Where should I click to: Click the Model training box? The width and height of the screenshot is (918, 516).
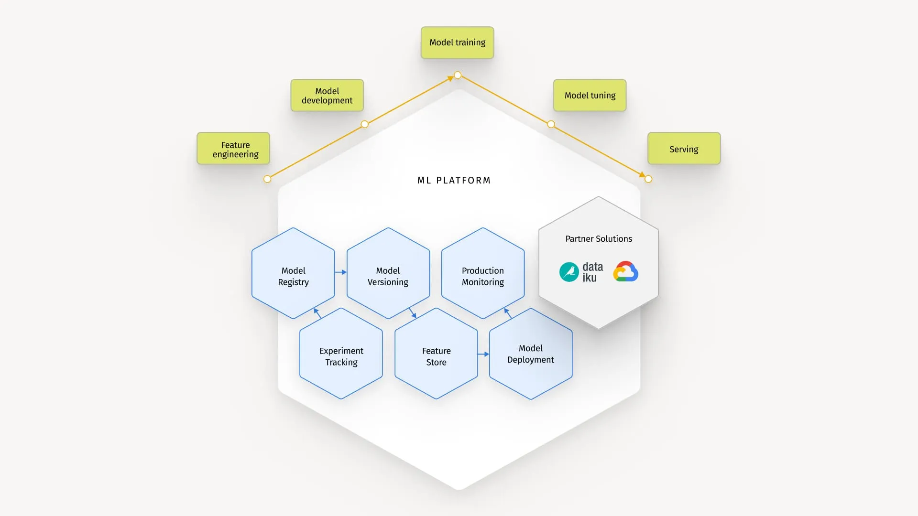(x=457, y=43)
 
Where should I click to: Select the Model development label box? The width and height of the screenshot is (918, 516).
(x=327, y=96)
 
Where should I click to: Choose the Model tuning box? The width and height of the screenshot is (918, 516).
(x=590, y=95)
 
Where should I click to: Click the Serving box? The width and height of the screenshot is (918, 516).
(x=684, y=149)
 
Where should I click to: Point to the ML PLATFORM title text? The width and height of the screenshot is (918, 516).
(x=454, y=180)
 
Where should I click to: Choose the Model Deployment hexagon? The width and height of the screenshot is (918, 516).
(x=530, y=354)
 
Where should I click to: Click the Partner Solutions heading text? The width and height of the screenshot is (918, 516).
(x=599, y=238)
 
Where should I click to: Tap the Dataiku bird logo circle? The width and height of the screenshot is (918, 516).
(x=569, y=272)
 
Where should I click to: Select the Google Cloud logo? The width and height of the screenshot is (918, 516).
(x=625, y=271)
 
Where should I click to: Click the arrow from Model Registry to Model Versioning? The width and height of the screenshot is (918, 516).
(x=340, y=272)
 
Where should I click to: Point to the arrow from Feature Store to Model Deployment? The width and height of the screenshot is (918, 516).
(x=483, y=354)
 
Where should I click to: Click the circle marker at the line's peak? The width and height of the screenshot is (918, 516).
(x=458, y=75)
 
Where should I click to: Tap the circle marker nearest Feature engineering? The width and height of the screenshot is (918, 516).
(x=267, y=179)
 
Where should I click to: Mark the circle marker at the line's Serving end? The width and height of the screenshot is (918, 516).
(x=648, y=179)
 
